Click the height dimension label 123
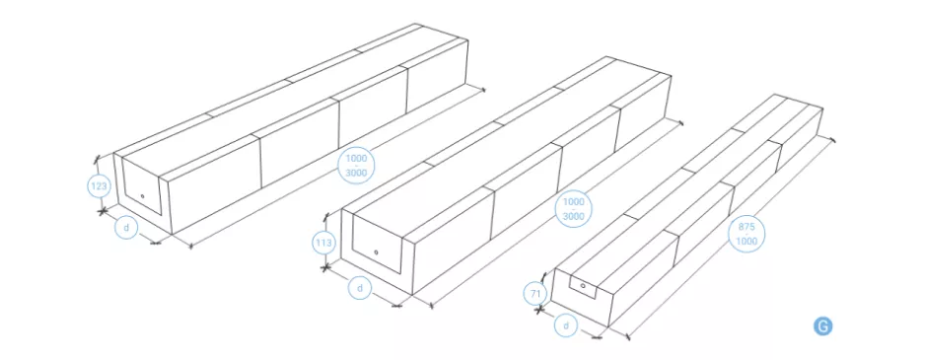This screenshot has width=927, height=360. click(x=100, y=187)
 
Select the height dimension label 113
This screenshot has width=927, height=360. click(x=325, y=243)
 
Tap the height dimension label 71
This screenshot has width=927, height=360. click(x=535, y=293)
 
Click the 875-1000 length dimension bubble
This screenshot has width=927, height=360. click(x=747, y=234)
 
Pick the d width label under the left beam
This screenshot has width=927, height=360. click(x=125, y=227)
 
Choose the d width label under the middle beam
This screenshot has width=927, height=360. click(x=359, y=288)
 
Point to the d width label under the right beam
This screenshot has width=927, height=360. click(x=566, y=325)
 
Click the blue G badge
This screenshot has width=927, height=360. click(x=822, y=326)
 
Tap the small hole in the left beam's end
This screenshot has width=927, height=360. click(x=142, y=195)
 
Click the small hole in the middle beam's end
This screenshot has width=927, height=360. click(x=377, y=252)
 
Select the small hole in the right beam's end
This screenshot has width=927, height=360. click(x=583, y=285)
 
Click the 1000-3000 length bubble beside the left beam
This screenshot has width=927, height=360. click(x=356, y=165)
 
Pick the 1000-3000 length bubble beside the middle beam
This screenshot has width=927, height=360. click(x=574, y=209)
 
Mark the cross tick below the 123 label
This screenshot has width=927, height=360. click(x=103, y=210)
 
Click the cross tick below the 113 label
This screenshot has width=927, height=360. click(x=325, y=268)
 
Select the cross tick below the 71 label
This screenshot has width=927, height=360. click(x=538, y=309)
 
